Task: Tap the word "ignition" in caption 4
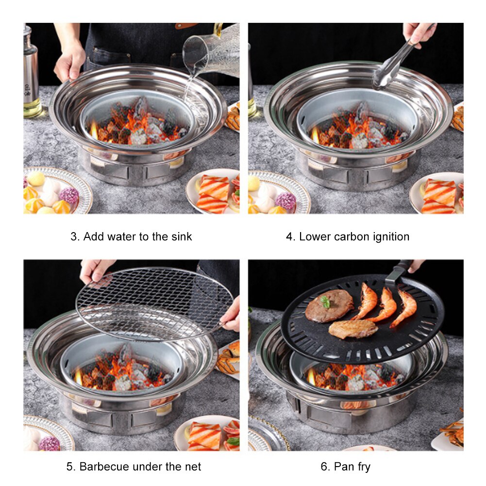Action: (388, 237)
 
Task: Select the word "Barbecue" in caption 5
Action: (101, 467)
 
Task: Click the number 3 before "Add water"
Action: (74, 237)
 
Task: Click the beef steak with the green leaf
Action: (329, 305)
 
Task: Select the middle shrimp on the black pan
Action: (386, 305)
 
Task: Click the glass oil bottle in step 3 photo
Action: (31, 73)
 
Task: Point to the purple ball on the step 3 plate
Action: (69, 196)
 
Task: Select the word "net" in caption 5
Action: (191, 467)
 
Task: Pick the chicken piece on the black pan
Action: (353, 329)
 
